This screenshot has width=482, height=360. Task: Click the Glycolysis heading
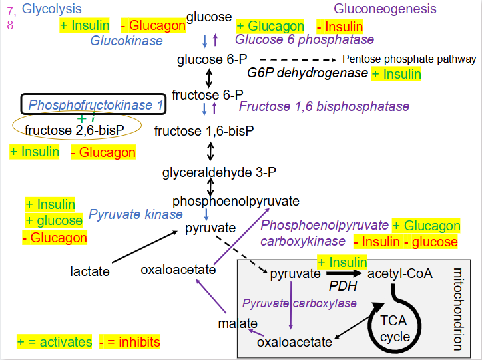pyautogui.click(x=52, y=9)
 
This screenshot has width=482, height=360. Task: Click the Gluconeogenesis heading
pyautogui.click(x=385, y=9)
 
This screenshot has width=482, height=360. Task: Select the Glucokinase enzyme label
pyautogui.click(x=126, y=41)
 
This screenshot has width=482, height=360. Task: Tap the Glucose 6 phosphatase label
pyautogui.click(x=304, y=40)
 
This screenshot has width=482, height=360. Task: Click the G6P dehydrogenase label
pyautogui.click(x=308, y=73)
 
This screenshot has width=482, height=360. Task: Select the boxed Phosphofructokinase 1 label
pyautogui.click(x=96, y=105)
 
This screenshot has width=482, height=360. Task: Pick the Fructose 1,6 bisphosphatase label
pyautogui.click(x=324, y=106)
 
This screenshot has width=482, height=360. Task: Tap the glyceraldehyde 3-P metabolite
pyautogui.click(x=210, y=174)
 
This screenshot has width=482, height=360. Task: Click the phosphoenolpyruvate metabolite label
pyautogui.click(x=236, y=201)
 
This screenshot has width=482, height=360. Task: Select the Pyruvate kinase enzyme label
pyautogui.click(x=135, y=214)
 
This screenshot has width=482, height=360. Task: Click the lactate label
pyautogui.click(x=90, y=271)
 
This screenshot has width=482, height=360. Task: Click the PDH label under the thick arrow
pyautogui.click(x=344, y=286)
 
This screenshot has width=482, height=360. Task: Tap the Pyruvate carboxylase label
pyautogui.click(x=300, y=303)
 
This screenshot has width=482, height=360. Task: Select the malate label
pyautogui.click(x=238, y=324)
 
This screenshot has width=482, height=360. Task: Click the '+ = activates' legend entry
pyautogui.click(x=55, y=342)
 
